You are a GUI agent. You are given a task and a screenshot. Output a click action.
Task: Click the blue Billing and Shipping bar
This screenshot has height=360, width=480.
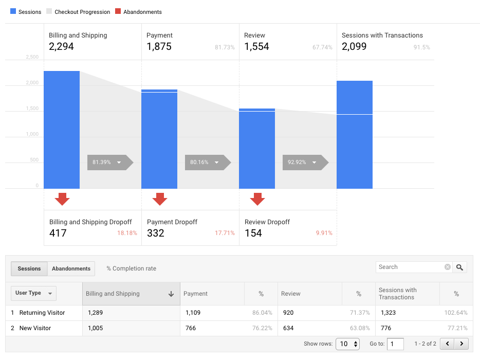coord(62,130)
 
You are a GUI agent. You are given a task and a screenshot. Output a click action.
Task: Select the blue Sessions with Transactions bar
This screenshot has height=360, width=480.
coord(355,135)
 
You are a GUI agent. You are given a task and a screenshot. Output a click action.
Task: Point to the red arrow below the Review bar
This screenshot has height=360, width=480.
coord(257,199)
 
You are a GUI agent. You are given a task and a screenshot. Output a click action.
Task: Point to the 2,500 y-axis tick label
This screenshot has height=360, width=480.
coord(32,57)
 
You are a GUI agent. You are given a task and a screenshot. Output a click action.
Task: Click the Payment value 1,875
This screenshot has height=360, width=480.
coord(159,47)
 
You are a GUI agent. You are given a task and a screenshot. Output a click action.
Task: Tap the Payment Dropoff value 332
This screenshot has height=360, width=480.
coord(156,233)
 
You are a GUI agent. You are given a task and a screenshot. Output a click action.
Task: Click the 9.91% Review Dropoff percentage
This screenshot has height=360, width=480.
coord(324,233)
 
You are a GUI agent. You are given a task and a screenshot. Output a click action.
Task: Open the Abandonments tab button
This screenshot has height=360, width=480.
coord(71,268)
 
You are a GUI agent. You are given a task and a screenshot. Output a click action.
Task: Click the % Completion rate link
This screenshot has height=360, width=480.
coord(131,268)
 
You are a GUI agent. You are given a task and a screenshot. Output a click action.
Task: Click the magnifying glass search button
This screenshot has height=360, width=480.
coord(460,267)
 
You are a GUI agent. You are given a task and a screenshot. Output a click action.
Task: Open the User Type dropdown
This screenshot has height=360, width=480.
coord(33,293)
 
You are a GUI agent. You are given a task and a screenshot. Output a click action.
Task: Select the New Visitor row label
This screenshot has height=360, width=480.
coord(35,328)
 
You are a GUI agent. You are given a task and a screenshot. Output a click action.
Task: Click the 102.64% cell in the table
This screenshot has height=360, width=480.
coord(455,313)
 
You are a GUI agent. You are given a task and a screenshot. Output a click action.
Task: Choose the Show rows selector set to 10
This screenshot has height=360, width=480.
coord(347,344)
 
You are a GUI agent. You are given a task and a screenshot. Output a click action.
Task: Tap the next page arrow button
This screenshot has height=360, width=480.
coord(461,344)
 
